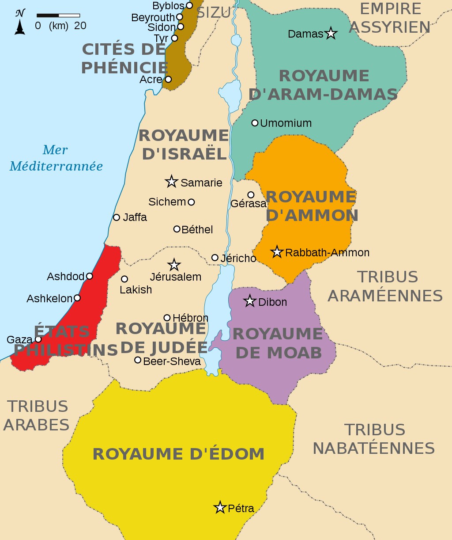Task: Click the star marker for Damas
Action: (x=331, y=33)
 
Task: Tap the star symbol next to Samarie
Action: (x=171, y=181)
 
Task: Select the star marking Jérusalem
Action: (x=174, y=265)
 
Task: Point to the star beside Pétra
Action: (x=220, y=507)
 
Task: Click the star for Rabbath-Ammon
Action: (x=277, y=252)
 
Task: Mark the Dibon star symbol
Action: (x=250, y=301)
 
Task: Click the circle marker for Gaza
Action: (x=38, y=339)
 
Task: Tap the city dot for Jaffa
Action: (x=117, y=217)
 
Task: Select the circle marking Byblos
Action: (x=189, y=5)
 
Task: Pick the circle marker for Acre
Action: (x=168, y=80)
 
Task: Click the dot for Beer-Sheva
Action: (x=138, y=360)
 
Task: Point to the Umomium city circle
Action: (x=255, y=123)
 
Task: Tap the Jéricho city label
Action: (x=238, y=258)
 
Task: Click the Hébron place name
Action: (x=190, y=318)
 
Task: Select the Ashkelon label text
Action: (x=49, y=298)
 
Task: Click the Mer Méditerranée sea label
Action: (x=56, y=158)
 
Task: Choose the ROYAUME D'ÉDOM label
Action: (x=178, y=454)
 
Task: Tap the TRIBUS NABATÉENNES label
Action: (x=373, y=439)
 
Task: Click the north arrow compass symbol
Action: (x=20, y=22)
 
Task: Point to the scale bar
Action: (x=58, y=15)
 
